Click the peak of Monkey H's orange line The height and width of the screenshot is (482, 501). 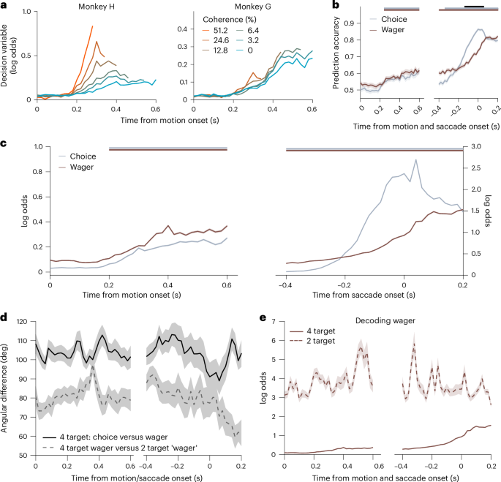(x=92, y=26)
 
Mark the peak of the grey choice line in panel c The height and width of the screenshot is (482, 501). (x=416, y=159)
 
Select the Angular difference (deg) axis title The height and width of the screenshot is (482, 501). (x=7, y=388)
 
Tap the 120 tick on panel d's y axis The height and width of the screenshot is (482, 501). (x=20, y=322)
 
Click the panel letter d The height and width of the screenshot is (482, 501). (x=6, y=317)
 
